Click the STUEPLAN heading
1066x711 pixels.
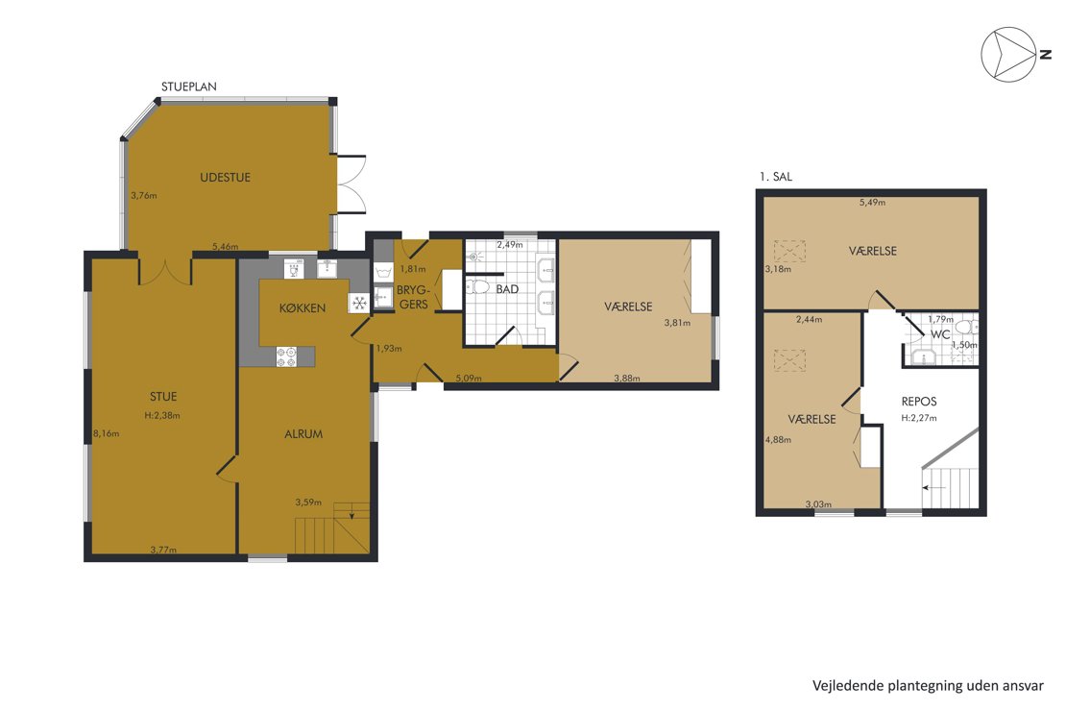coord(189,86)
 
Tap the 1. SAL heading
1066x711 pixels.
coord(776,176)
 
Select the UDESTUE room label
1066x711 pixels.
coord(225,178)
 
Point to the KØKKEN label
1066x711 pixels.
coord(302,308)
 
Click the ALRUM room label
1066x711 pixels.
coord(303,434)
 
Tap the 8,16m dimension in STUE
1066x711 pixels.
coord(106,433)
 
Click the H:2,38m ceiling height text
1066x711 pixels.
coord(162,415)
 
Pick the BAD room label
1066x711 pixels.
coord(507,289)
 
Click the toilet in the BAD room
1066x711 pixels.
coord(478,286)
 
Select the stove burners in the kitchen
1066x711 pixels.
coord(286,356)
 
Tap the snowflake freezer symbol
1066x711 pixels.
coord(359,303)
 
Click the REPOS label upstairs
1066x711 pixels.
coord(919,402)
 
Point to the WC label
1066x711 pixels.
coord(940,334)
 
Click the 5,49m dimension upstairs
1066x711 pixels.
coord(872,202)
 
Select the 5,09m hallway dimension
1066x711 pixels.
coord(469,378)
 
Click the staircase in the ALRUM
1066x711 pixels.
coord(332,528)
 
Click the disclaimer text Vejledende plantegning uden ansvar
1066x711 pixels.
coord(928,686)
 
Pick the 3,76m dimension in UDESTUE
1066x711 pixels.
coord(144,195)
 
